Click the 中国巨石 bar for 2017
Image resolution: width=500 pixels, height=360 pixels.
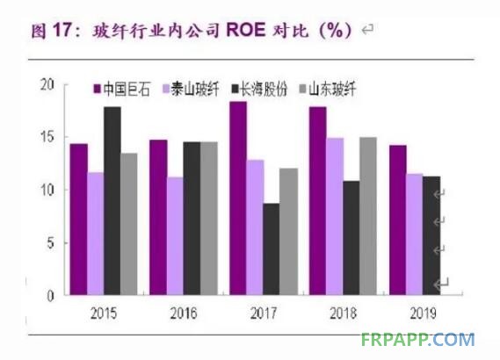point(238,198)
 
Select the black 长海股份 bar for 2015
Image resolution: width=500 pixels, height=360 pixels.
point(112,201)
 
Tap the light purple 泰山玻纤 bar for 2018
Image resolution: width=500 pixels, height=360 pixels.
point(335,216)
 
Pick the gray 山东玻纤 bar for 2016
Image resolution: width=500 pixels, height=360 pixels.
point(209,219)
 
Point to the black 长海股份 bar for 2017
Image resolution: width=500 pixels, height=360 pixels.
point(271,249)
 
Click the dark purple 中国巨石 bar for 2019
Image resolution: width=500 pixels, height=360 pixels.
point(398,220)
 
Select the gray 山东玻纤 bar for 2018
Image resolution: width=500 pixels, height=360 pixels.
point(368,216)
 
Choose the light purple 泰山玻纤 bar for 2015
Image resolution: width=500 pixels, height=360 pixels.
point(96,234)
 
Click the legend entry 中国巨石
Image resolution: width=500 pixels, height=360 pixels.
point(121,89)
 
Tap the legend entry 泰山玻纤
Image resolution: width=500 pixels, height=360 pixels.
point(191,89)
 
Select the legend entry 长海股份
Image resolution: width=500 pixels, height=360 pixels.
point(259,89)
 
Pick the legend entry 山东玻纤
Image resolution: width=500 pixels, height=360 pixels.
point(328,89)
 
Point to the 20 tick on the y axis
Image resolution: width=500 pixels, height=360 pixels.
point(47,85)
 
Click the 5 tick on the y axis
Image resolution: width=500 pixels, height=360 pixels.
point(51,243)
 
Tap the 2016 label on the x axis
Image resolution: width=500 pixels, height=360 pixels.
point(184,313)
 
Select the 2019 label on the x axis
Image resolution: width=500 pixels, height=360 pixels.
point(423,313)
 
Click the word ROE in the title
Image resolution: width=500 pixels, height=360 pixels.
point(245,30)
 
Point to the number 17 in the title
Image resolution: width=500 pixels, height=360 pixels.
point(62,30)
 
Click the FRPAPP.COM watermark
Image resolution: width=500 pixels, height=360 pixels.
point(417,340)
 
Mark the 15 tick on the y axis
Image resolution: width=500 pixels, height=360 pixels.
point(47,137)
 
